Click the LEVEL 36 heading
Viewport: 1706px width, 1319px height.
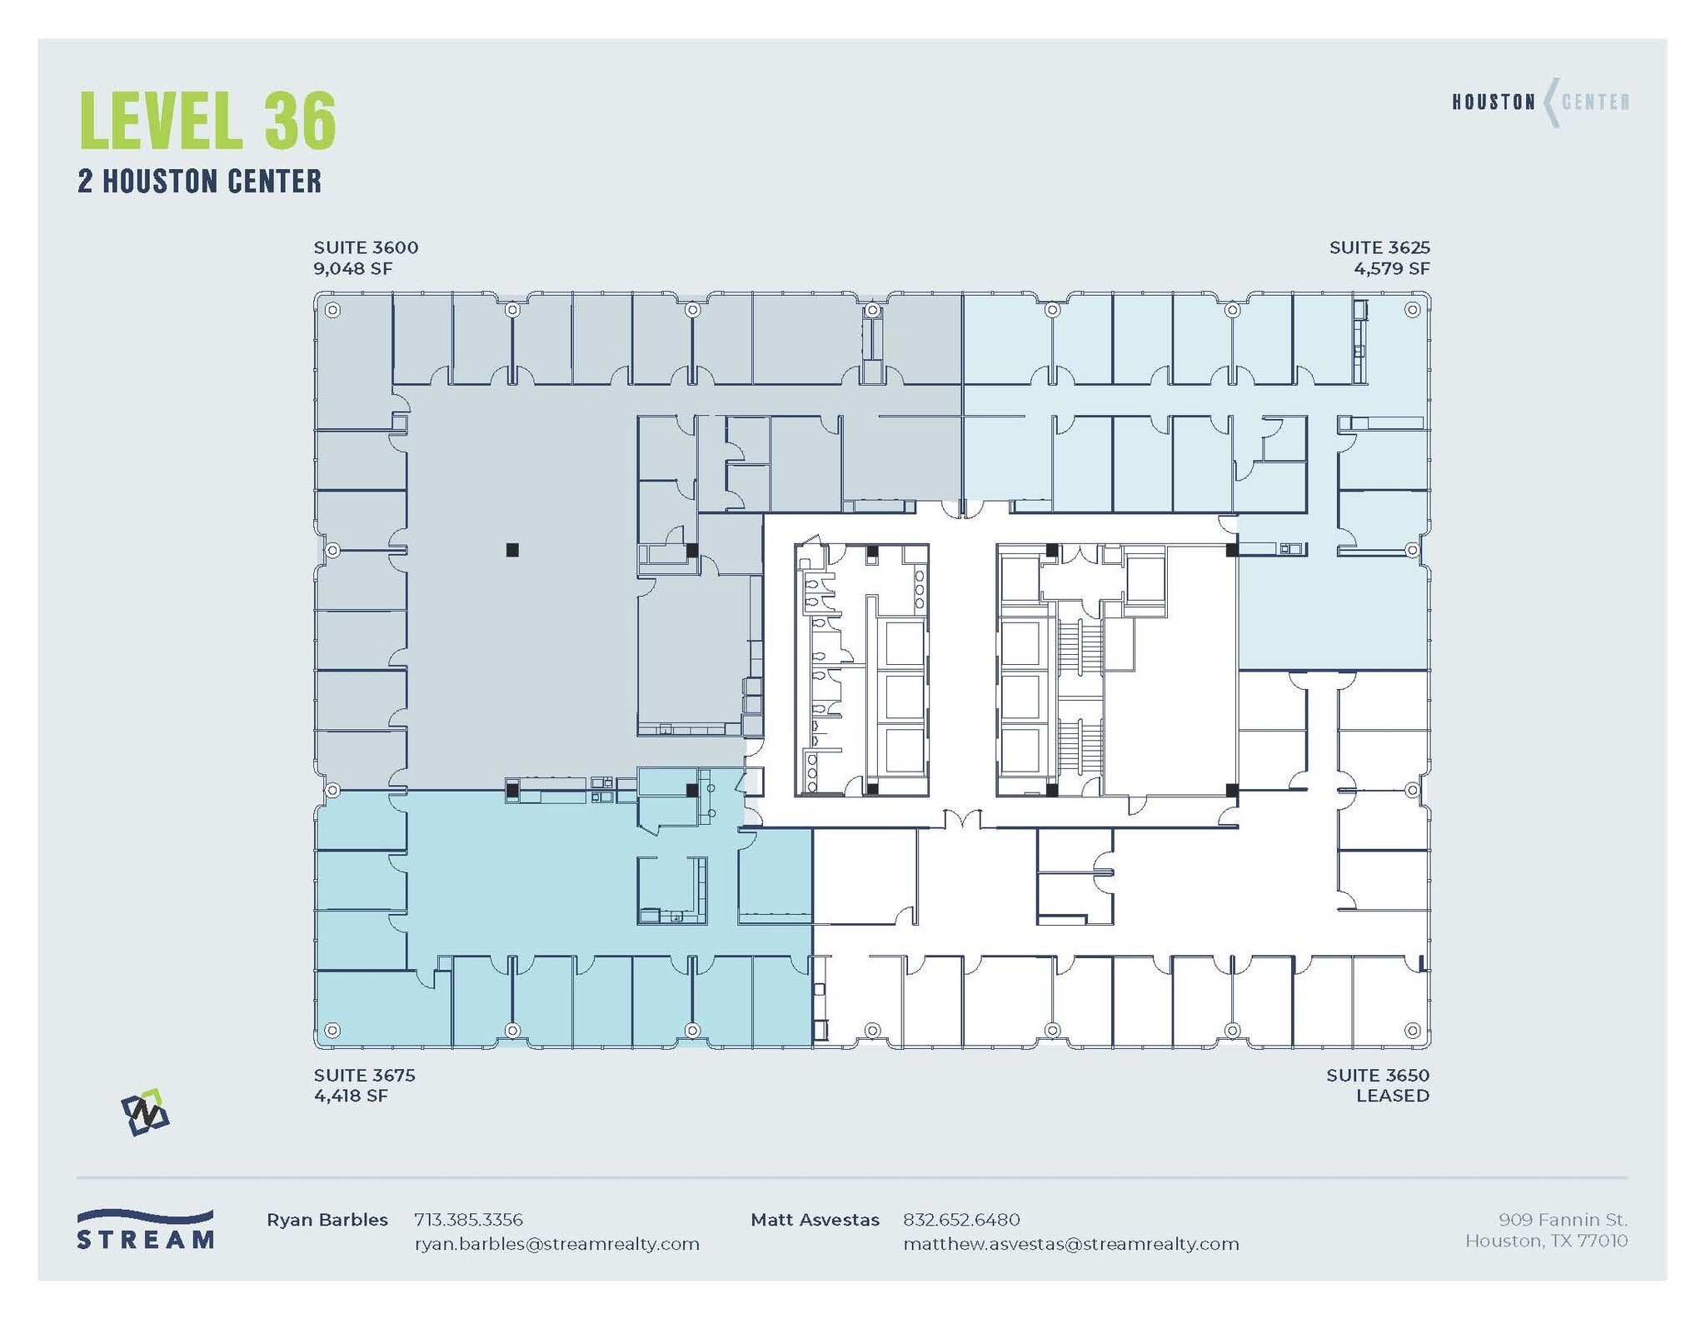207,121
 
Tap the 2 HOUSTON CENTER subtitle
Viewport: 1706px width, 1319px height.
199,182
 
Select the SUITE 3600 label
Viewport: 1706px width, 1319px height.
366,247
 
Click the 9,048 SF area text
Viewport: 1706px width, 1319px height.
352,268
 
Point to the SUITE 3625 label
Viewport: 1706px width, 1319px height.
1379,247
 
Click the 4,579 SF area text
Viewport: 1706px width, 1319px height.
1391,268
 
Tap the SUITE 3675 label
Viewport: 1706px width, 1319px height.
364,1075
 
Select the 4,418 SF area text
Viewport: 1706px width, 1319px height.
351,1096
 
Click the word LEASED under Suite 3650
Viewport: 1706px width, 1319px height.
1392,1096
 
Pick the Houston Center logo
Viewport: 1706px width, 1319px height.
1540,102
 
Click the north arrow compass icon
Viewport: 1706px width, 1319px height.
145,1112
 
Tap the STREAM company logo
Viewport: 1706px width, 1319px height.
145,1230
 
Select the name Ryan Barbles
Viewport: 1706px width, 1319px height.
327,1220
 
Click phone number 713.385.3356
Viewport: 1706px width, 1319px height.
468,1220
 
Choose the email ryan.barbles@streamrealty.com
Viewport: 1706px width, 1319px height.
556,1244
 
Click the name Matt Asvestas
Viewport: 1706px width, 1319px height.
814,1220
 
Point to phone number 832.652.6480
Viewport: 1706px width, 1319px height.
960,1220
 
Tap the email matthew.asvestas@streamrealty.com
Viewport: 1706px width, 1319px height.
1070,1244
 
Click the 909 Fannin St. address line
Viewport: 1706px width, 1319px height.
1562,1220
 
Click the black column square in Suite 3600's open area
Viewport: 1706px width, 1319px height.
512,550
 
